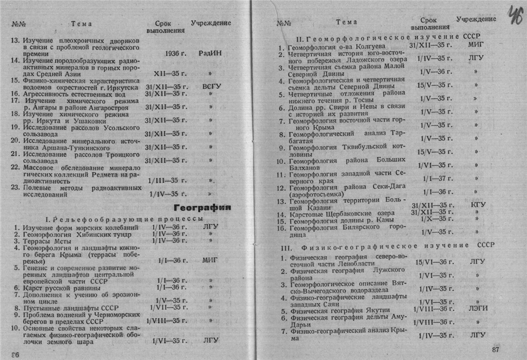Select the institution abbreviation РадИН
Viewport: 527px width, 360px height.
pyautogui.click(x=210, y=54)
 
